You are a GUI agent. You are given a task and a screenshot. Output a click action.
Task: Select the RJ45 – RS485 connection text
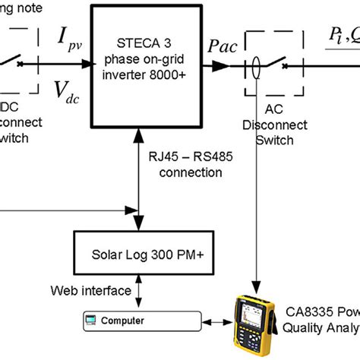[x=182, y=165]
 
